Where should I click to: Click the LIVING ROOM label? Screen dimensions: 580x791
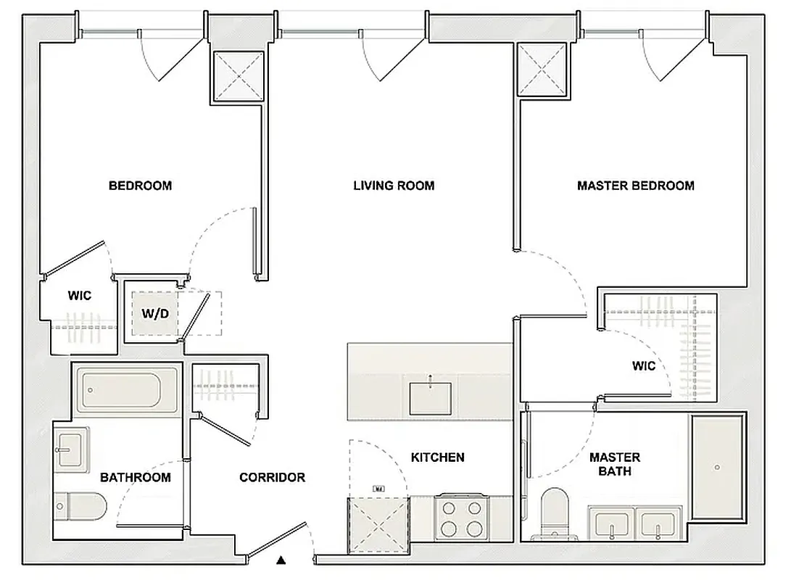(x=394, y=186)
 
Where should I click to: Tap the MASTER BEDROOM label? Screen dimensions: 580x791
(x=635, y=186)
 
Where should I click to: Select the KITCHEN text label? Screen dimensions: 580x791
(x=437, y=457)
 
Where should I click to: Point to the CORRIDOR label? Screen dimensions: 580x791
(x=272, y=478)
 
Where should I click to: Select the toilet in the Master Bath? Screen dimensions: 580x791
(x=558, y=513)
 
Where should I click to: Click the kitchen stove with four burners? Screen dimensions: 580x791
(x=460, y=517)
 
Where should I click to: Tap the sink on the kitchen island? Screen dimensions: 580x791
(x=431, y=397)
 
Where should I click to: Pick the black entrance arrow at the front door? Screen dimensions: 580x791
(x=281, y=560)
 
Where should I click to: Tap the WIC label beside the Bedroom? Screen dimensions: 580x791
(x=79, y=296)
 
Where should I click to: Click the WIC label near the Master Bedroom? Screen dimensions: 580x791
(x=643, y=365)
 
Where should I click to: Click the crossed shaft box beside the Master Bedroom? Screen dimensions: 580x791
(x=542, y=70)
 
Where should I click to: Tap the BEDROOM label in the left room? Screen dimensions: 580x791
(x=140, y=186)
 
